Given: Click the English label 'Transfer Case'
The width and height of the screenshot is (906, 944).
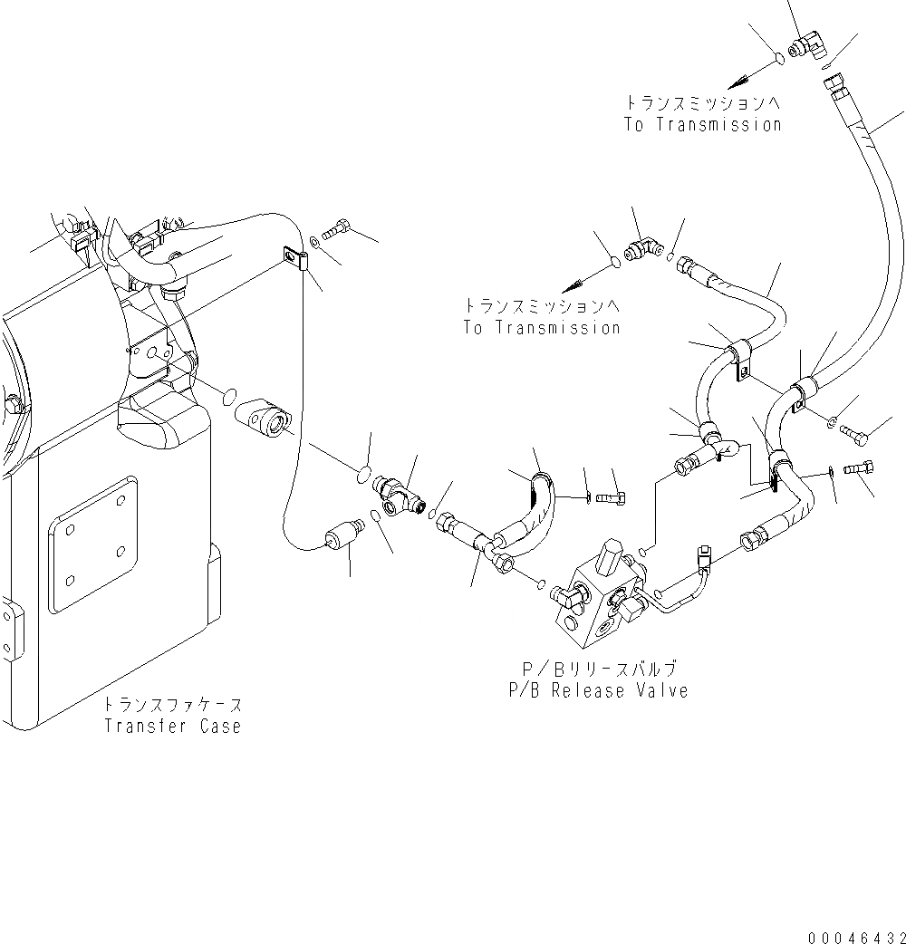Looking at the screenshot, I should pyautogui.click(x=172, y=726).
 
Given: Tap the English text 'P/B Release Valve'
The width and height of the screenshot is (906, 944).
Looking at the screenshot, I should pyautogui.click(x=598, y=690).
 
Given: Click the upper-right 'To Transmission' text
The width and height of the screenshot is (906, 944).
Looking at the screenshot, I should pyautogui.click(x=702, y=125).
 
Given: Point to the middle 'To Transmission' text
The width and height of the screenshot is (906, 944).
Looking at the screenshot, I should pyautogui.click(x=542, y=328).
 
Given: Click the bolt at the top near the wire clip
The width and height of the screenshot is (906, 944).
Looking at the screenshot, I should pyautogui.click(x=337, y=229).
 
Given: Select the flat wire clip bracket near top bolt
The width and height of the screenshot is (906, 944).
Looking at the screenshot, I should pyautogui.click(x=295, y=259).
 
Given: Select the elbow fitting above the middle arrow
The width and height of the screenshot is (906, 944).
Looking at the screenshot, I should pyautogui.click(x=645, y=246).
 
